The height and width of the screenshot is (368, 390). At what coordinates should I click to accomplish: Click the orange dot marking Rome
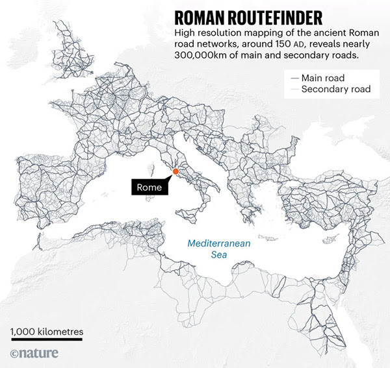click(175, 171)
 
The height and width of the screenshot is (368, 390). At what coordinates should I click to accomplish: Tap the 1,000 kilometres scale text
click(47, 332)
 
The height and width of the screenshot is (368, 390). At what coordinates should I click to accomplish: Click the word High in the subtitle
click(183, 33)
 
